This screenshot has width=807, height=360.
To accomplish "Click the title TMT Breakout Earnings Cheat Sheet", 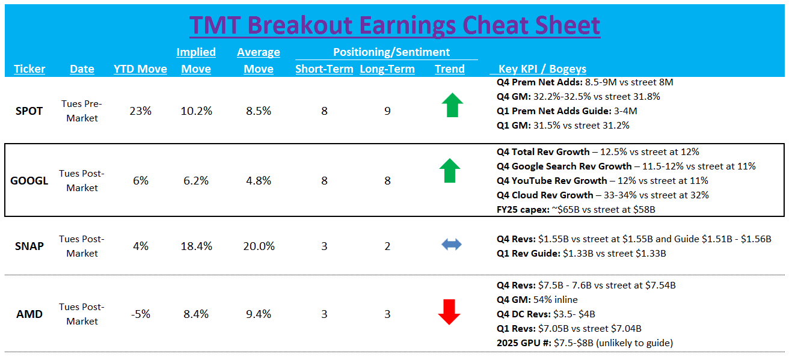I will click(394, 25).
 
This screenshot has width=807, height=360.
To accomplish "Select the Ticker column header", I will click(29, 69).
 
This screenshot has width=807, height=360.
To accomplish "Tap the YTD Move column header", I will click(140, 69).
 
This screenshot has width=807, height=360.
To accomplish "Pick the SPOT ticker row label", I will click(29, 111).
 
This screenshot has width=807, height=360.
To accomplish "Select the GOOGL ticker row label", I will click(29, 180).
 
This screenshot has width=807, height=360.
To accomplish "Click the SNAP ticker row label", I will click(29, 246).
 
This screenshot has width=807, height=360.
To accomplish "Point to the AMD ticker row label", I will click(29, 314).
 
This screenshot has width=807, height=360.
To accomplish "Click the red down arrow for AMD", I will click(449, 312).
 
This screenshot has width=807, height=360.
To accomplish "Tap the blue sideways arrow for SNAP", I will click(451, 245).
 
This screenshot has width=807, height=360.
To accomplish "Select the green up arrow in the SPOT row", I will click(452, 106).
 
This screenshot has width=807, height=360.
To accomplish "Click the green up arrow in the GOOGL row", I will click(450, 171).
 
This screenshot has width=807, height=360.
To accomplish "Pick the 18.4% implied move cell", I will click(195, 246).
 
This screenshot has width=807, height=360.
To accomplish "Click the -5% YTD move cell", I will click(140, 314).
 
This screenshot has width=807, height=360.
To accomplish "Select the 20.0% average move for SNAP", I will click(259, 246).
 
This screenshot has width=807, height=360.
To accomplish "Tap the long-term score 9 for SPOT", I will click(387, 111).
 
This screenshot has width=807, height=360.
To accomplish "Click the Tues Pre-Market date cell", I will click(82, 111).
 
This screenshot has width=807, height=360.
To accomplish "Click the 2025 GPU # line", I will click(585, 343).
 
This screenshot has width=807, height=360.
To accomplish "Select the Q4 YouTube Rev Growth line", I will click(603, 180).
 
